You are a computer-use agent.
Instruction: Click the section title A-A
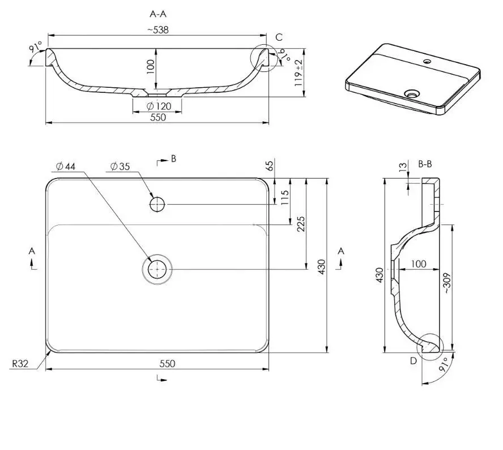(157, 14)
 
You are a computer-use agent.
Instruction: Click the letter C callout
(279, 37)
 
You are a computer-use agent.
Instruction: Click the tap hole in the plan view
(158, 204)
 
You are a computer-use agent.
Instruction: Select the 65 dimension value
(270, 166)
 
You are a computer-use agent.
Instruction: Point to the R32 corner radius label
(20, 364)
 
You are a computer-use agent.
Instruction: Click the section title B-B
(425, 164)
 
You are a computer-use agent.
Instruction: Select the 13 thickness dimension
(403, 168)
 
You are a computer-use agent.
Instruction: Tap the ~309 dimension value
(447, 283)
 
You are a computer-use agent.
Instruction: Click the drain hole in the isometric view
(412, 92)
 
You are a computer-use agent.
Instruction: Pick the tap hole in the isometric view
(427, 60)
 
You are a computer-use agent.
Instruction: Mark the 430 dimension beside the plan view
(321, 266)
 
